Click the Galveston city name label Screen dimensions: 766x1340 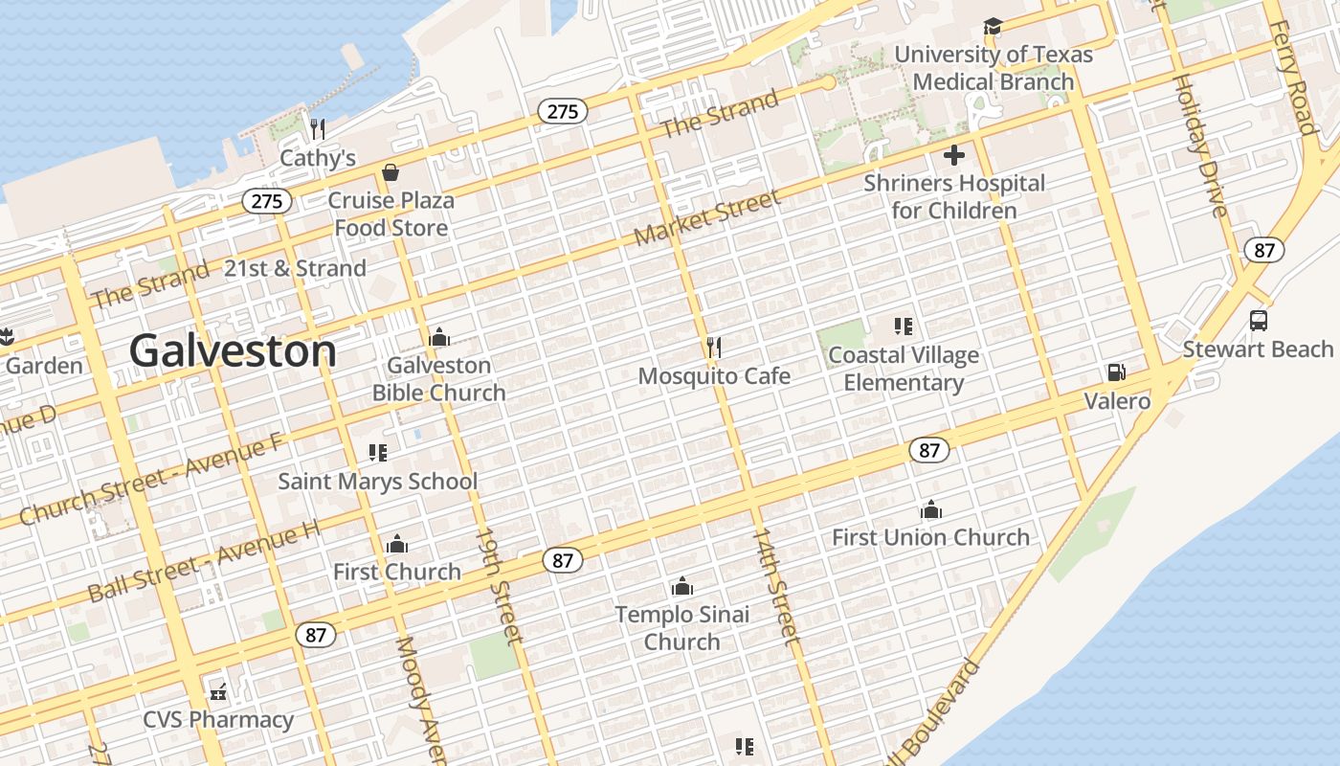tap(233, 351)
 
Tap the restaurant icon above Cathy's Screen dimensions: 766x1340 tap(318, 127)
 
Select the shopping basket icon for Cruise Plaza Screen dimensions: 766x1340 tap(391, 172)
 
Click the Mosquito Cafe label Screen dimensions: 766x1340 tap(714, 376)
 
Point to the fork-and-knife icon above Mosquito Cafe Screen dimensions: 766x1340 tap(713, 347)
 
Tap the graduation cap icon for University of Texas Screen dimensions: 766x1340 tap(993, 27)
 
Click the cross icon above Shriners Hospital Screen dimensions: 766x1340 tap(954, 154)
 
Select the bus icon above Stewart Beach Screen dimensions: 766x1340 tap(1259, 321)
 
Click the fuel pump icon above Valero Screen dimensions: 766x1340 tap(1115, 372)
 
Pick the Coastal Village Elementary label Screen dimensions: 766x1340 tap(904, 369)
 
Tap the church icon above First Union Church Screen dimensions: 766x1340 tap(930, 509)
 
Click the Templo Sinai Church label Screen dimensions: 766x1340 tap(681, 628)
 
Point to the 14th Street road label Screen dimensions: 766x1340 tap(775, 585)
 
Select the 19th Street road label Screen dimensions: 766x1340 tap(500, 584)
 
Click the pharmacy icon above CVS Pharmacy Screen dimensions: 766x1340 tap(218, 691)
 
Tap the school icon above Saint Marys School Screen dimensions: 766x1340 tap(377, 452)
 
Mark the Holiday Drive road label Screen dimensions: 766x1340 tap(1198, 146)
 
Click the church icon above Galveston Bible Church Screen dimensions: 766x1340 tap(439, 337)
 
